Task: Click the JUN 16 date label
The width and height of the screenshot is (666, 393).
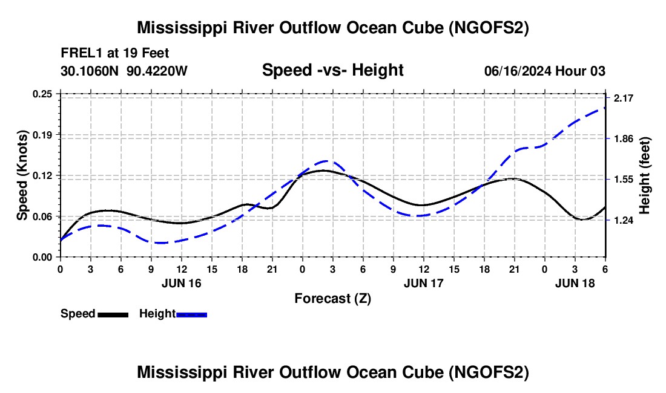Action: [180, 283]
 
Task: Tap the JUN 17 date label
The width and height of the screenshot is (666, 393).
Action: [424, 283]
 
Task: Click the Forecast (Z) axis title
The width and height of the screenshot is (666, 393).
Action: [332, 298]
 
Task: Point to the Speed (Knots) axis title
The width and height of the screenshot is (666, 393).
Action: [22, 175]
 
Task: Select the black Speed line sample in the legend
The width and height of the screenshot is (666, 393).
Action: [113, 314]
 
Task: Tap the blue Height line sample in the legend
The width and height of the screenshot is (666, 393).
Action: [191, 314]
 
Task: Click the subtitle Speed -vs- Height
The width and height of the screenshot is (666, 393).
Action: [332, 70]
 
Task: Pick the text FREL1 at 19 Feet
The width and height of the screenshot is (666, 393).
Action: [115, 53]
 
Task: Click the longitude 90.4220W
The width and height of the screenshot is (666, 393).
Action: [157, 71]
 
